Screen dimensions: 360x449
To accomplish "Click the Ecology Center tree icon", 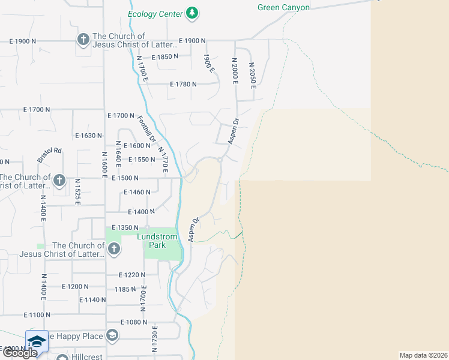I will point(192,13).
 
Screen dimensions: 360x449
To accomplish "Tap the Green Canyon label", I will point(283,7).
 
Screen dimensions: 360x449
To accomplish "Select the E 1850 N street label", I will point(165,57).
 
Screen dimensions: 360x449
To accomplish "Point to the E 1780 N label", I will point(184,85).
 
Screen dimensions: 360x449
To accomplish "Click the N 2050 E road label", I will point(253,75).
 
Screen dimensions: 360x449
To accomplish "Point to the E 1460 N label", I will point(136,193).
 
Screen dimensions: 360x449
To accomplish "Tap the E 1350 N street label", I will point(125,228).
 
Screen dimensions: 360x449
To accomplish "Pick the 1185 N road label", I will point(125,289).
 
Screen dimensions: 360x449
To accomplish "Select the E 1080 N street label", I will point(134,322).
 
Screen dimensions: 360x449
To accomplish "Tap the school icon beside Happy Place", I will point(112,335).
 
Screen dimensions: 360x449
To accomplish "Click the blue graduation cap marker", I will point(37,340).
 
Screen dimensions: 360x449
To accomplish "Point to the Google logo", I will point(19,353).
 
